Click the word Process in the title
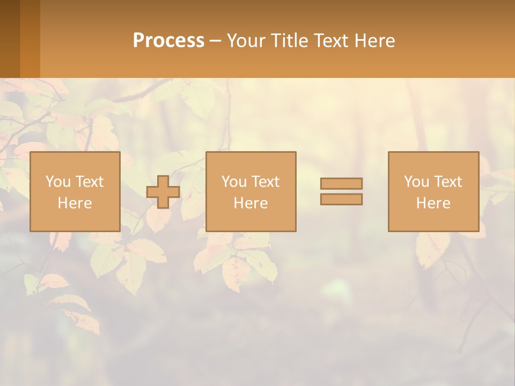168,41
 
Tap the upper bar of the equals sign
341,183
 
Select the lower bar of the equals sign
341,199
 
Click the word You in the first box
58,182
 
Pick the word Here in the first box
75,203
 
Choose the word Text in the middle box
265,182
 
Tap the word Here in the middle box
251,203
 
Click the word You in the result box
416,182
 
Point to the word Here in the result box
433,203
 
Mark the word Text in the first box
89,182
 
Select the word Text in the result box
447,182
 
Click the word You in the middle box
234,182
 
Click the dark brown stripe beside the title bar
10,39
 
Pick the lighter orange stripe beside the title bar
30,39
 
